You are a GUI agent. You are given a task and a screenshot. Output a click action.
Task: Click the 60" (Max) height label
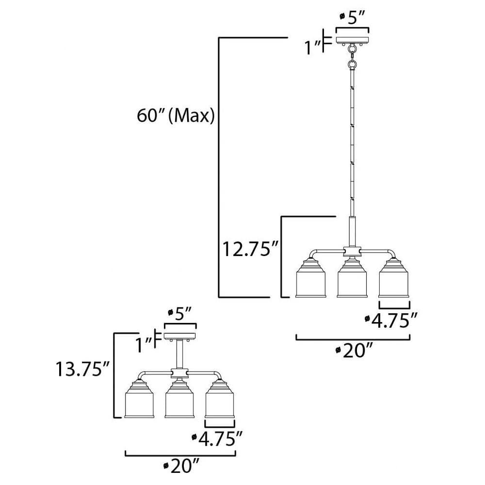176,116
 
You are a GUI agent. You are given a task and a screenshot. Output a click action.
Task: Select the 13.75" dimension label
83,369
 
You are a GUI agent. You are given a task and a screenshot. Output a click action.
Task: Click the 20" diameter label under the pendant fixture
353,351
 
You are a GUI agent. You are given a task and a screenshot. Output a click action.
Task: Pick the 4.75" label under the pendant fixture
391,321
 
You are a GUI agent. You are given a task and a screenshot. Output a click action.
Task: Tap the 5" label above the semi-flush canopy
180,314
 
